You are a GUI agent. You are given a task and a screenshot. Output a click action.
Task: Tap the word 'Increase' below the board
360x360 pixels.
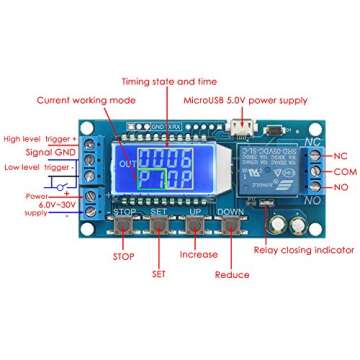(196, 254)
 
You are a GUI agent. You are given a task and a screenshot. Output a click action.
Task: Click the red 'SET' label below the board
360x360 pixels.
(159, 273)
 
